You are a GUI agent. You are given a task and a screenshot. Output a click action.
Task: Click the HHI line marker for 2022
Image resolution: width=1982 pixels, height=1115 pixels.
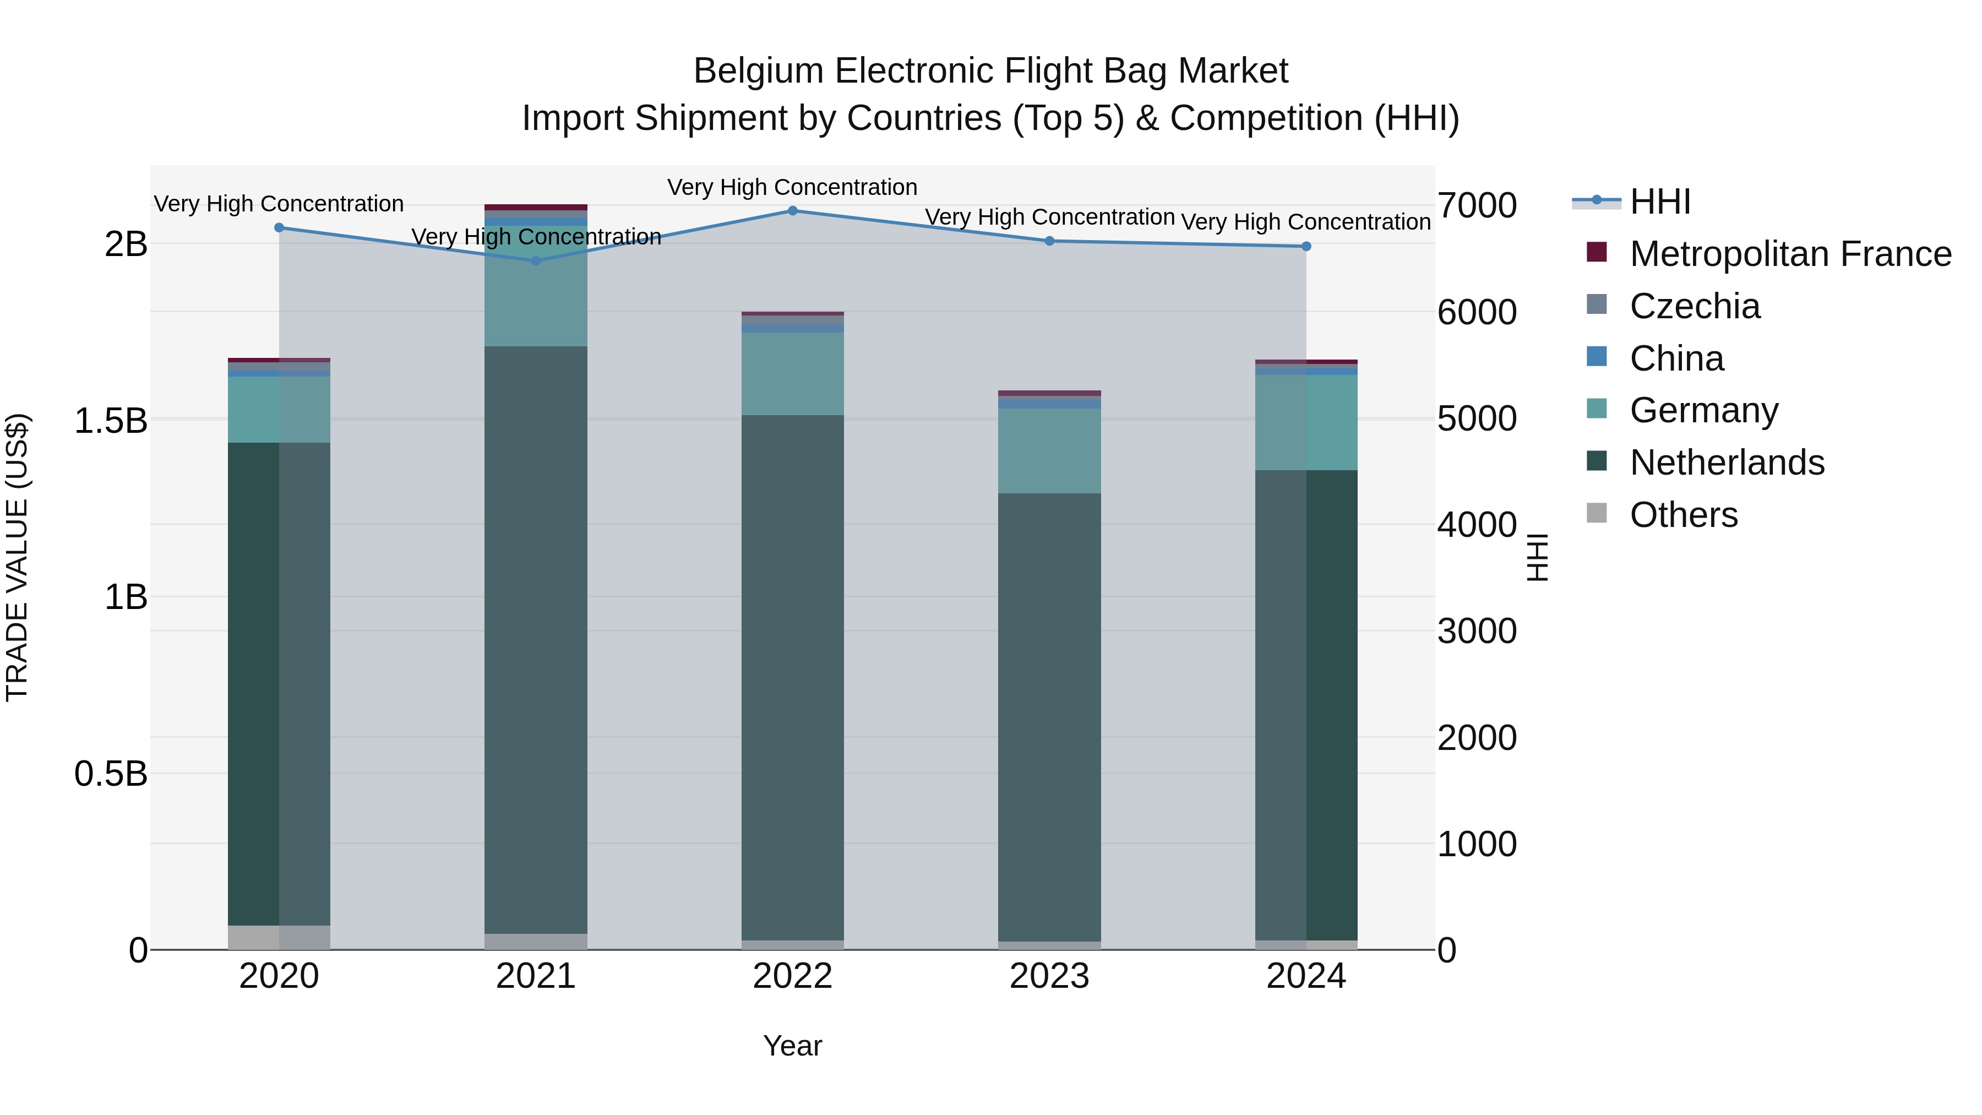792,210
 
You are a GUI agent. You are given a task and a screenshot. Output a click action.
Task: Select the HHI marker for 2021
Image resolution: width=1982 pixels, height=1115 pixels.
536,261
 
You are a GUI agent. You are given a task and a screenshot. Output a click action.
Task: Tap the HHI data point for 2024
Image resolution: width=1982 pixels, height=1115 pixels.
1306,246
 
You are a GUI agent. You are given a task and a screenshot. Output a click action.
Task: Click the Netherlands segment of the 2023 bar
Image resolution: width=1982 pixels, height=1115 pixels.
1049,716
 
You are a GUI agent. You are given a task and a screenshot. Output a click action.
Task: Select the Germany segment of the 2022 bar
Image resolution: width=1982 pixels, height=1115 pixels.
792,374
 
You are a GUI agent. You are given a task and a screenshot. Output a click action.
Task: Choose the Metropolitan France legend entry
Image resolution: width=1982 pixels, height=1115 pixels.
1790,254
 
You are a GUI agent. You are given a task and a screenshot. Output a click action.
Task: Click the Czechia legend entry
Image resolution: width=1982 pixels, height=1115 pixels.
1694,306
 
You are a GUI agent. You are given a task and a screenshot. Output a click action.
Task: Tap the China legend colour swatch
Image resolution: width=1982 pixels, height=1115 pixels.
1597,357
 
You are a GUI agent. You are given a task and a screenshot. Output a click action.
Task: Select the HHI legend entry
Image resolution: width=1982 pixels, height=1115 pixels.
1659,202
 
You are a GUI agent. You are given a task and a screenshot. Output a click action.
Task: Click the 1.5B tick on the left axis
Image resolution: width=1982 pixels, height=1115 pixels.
110,421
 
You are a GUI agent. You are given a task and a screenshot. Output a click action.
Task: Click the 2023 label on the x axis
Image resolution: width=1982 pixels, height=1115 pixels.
1049,976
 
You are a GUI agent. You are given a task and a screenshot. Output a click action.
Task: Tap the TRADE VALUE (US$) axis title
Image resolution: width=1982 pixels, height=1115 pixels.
17,557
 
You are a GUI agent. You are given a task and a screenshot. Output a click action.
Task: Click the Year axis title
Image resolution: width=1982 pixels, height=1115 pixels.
792,1046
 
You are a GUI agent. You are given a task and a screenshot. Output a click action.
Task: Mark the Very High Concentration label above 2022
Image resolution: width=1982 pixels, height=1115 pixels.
792,187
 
